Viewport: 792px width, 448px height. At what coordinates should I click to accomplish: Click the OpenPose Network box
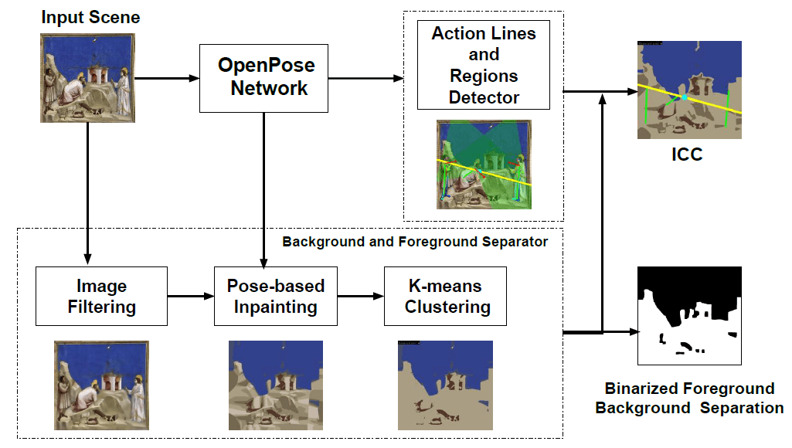coord(263,78)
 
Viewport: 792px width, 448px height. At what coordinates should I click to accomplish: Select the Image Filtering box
coord(101,296)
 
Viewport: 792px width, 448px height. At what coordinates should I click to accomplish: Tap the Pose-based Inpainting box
coord(276,296)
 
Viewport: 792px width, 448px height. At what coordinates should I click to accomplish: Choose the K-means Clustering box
coord(446,296)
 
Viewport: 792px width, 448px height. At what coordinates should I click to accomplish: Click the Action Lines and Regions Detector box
coord(484,65)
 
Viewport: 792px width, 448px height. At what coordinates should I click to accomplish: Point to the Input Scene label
coord(90,17)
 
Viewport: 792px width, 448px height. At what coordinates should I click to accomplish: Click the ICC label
coord(687,154)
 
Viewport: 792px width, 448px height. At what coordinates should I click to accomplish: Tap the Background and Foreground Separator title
coord(415,242)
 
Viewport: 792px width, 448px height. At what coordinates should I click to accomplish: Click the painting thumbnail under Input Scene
coord(87,78)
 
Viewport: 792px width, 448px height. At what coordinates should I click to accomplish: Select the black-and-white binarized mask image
coord(689,316)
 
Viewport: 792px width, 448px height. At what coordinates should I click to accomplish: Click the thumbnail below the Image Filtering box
coord(101,385)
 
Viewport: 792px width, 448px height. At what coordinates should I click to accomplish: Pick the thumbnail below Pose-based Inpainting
coord(276,385)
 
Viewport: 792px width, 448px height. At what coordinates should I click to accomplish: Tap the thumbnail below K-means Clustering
coord(446,385)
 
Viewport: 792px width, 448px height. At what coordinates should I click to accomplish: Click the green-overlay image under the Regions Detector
coord(484,165)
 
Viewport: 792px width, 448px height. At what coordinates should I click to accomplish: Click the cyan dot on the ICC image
coord(685,97)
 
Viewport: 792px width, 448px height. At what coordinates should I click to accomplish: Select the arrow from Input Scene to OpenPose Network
coord(167,78)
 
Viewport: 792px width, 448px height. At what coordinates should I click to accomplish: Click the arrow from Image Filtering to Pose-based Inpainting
coord(191,296)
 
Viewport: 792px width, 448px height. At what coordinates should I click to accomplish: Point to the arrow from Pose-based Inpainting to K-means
coord(361,296)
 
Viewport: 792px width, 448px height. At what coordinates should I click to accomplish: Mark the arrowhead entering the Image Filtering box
coord(87,259)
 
